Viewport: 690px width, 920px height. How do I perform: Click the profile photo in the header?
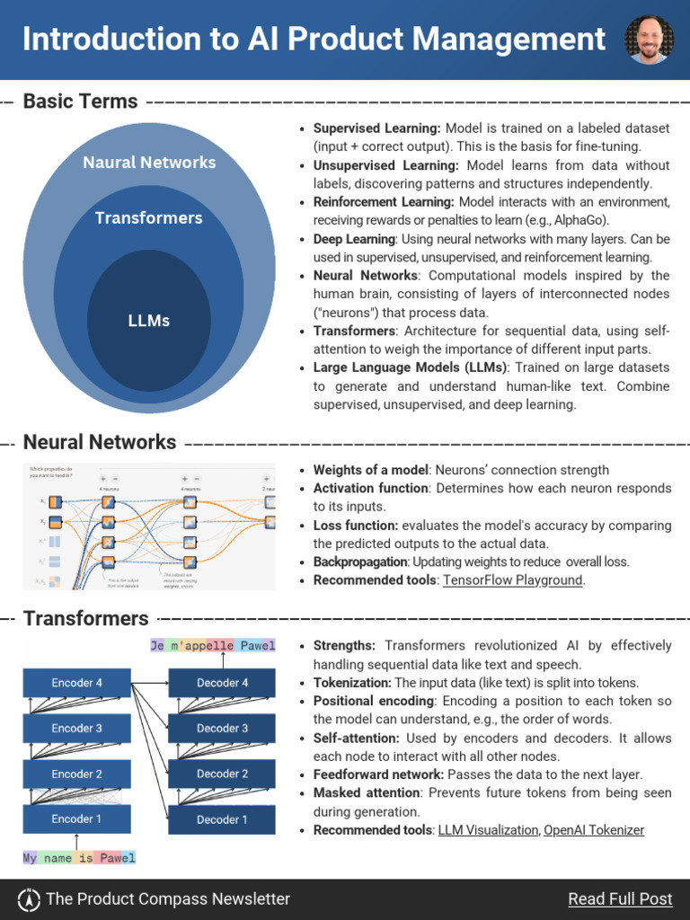coord(649,40)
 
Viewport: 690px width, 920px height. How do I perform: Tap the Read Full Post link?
coord(620,898)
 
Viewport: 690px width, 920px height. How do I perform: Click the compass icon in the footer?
coord(30,898)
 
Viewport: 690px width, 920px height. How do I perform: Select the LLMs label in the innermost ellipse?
coord(149,321)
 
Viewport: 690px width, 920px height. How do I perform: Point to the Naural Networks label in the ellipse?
coord(149,163)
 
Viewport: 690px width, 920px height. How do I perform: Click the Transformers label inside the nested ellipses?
coord(149,218)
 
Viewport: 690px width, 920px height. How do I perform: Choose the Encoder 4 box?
coord(77,683)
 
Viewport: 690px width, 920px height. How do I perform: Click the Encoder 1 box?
coord(77,818)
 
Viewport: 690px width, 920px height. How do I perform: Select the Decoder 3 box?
coord(222,728)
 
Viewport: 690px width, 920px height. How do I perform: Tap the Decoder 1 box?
coord(222,819)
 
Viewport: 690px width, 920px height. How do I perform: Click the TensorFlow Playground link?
coord(513,580)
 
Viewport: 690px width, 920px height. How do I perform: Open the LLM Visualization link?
coord(488,830)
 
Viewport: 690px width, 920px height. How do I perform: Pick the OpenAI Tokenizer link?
coord(594,830)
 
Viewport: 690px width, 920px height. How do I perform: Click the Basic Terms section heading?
coord(81,102)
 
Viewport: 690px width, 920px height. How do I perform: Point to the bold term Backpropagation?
coord(360,562)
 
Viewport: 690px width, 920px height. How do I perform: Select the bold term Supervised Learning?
coord(376,128)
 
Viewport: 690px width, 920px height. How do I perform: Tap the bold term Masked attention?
coord(367,793)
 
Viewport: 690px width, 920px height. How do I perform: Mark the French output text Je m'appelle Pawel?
coord(213,645)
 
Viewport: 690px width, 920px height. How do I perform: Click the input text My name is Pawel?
coord(79,858)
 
